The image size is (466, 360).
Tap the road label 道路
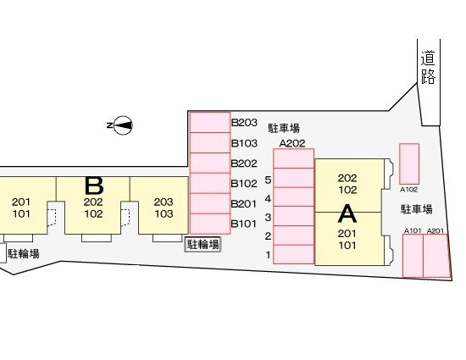[428, 67]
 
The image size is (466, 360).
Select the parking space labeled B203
[210, 122]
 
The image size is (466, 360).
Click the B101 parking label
[244, 224]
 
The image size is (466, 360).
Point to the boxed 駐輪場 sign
[203, 245]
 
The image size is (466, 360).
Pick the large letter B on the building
[94, 186]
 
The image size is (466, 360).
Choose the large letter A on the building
[347, 213]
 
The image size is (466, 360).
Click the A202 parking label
[292, 143]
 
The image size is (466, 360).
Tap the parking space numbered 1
[294, 255]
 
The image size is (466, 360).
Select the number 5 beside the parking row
[268, 180]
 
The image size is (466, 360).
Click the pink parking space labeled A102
[409, 163]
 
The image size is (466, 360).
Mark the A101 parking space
[413, 256]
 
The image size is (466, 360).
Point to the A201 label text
[435, 230]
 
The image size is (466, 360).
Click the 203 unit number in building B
[164, 202]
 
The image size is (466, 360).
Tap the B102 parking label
[244, 184]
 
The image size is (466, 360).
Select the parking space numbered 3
[294, 216]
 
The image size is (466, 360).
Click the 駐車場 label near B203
[284, 128]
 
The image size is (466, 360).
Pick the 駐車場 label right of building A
[416, 209]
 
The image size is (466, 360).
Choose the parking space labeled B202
[210, 163]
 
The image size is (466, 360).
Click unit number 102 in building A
[347, 190]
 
